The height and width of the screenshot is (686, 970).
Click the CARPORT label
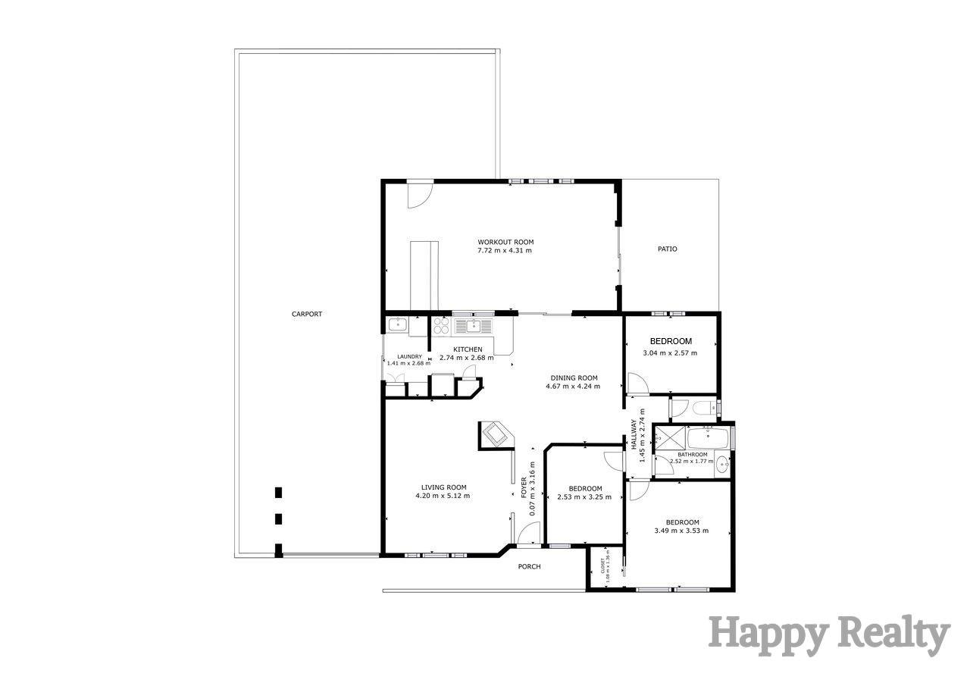click(307, 314)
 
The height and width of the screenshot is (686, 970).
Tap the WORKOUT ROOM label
click(505, 242)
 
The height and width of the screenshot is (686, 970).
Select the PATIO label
click(667, 249)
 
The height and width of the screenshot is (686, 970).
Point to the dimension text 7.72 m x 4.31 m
click(505, 250)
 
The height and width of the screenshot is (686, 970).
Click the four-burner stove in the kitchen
click(441, 326)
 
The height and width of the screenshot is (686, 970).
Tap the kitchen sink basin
click(472, 326)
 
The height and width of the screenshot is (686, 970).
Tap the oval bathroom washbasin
click(721, 464)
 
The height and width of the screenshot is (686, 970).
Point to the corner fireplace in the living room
click(496, 435)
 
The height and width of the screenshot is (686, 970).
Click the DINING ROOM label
click(573, 377)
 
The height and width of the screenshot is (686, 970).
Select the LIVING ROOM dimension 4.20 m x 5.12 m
click(443, 496)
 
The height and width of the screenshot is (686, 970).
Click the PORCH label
click(529, 566)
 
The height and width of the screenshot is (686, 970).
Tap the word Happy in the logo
click(765, 634)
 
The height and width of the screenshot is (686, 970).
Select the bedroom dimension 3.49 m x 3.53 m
click(681, 531)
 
